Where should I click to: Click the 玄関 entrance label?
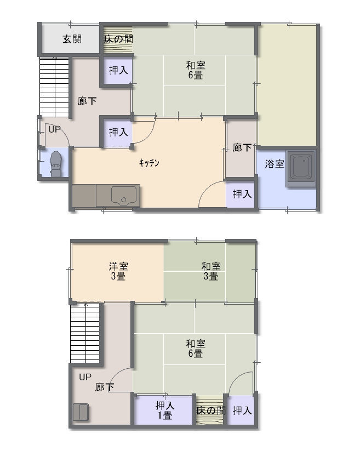coord(72,39)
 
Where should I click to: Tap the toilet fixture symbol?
coord(56,164)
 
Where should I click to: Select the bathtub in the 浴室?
coord(301,168)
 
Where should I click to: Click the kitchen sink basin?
coord(124,195)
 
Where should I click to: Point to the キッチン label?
coord(149,163)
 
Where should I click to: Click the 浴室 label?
coord(275,164)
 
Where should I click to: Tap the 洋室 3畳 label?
coord(118,271)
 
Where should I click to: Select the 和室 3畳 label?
coord(211,271)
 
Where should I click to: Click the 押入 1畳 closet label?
coord(165,410)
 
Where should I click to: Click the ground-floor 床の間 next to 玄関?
coord(118,39)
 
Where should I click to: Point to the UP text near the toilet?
coord(54,129)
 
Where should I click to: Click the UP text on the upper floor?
coord(85,377)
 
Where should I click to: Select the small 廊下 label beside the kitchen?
coord(242,147)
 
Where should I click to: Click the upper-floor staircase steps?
coord(85,333)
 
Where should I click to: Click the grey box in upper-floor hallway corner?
coord(81,412)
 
